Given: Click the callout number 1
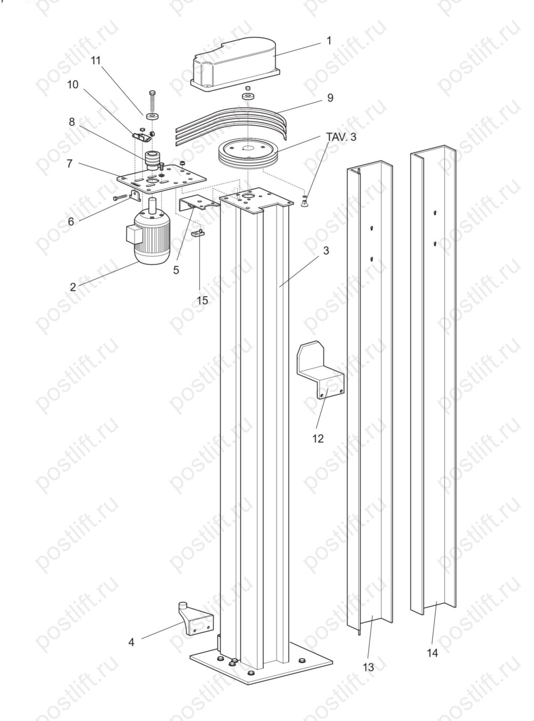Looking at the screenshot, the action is pos(329,41).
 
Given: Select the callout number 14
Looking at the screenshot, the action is pos(432,644).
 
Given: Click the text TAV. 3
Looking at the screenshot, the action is pos(341,137).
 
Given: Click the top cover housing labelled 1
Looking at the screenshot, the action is pos(235,64).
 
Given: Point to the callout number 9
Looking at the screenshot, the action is pos(330,98).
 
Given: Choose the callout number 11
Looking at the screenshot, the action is pos(96,61).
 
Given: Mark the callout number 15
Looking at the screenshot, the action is pos(202,300).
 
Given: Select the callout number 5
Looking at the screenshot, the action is pos(176,270).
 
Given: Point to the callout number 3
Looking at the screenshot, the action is pos(326,250).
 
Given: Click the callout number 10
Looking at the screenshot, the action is pos(73,85).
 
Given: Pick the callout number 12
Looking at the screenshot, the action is pos(318,439).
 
